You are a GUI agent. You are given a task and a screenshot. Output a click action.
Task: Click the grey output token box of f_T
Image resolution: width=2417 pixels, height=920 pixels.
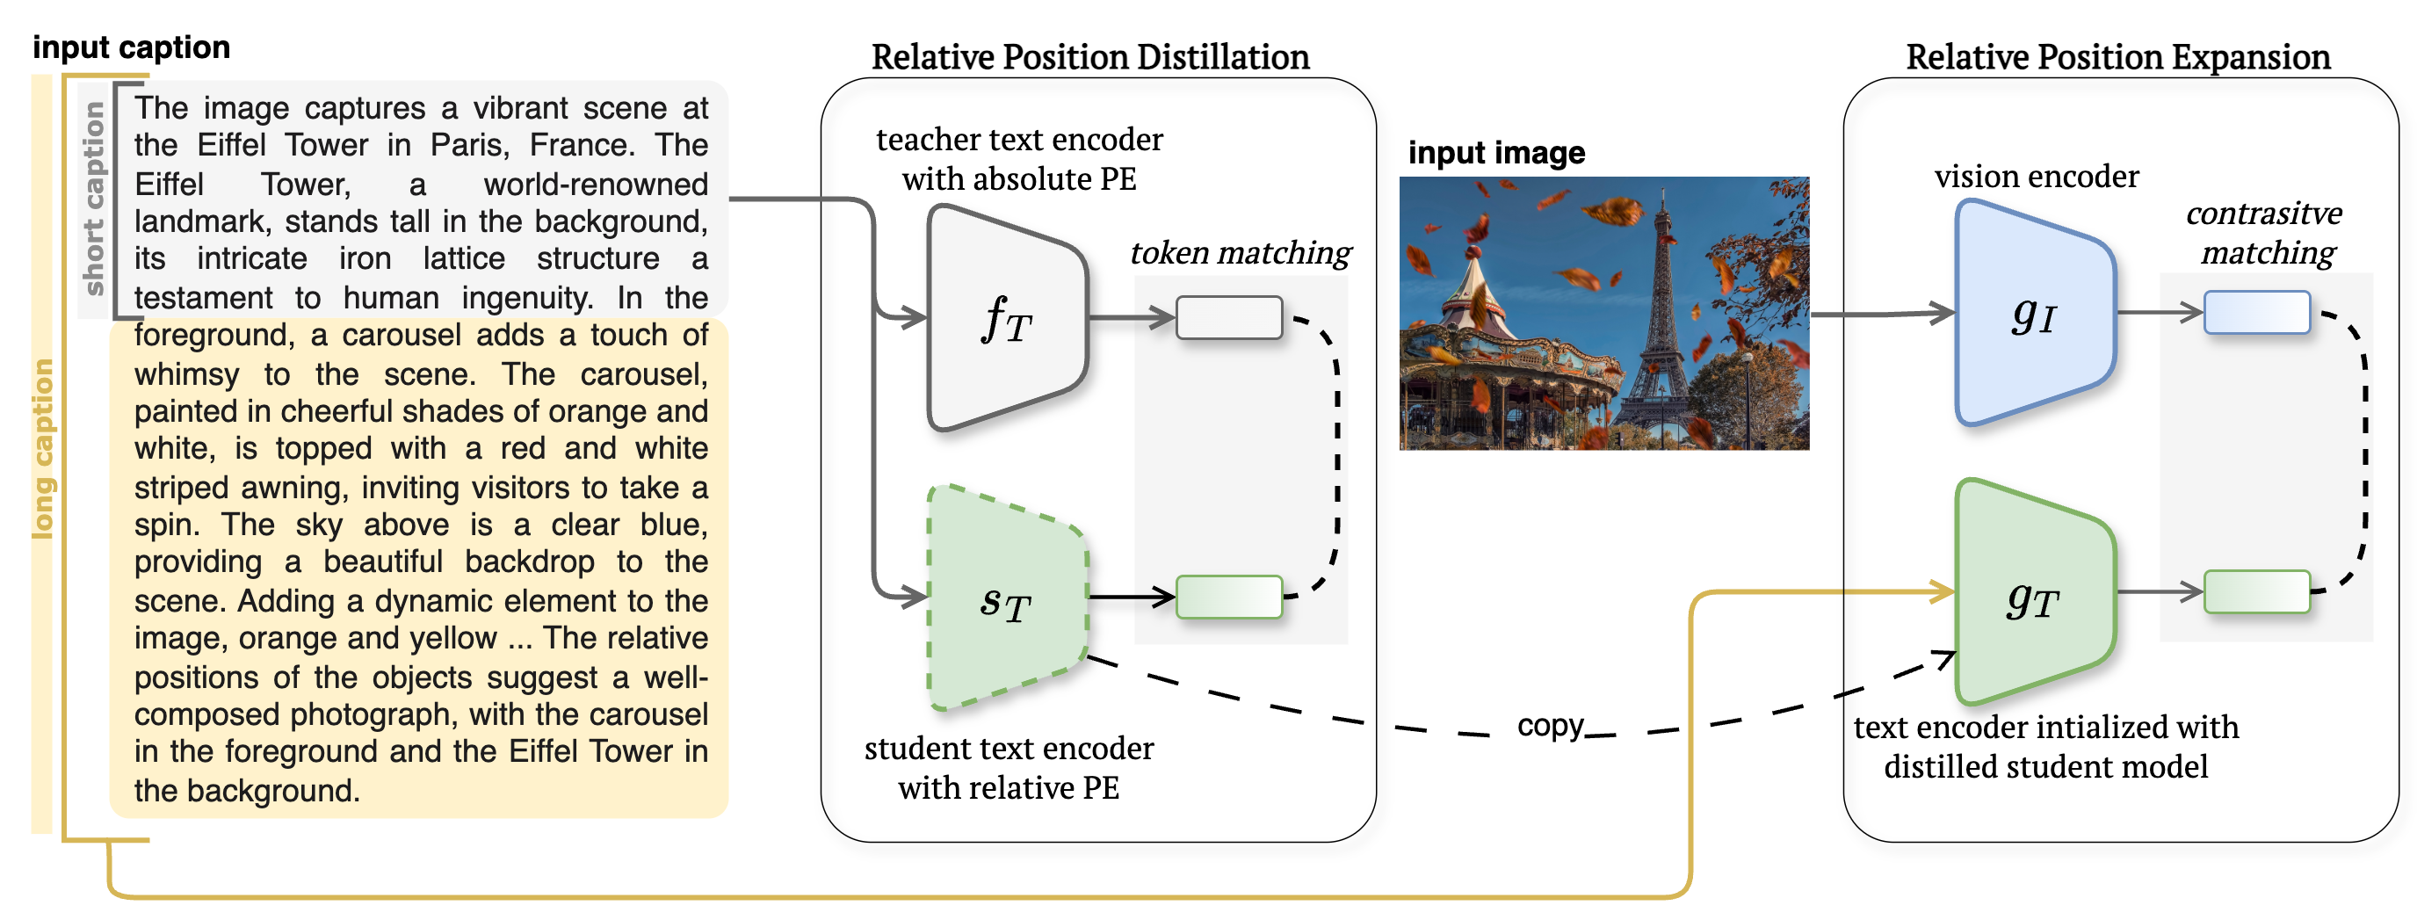pyautogui.click(x=1228, y=317)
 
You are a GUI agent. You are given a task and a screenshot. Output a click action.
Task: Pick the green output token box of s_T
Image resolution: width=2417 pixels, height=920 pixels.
pyautogui.click(x=1228, y=597)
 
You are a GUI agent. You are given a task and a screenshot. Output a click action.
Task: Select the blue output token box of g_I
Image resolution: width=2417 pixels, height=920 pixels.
pyautogui.click(x=2255, y=313)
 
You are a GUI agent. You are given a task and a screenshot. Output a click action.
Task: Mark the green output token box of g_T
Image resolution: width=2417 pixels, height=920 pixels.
pyautogui.click(x=2255, y=591)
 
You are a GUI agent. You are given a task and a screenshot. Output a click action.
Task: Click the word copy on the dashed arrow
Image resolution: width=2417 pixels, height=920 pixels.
pyautogui.click(x=1549, y=726)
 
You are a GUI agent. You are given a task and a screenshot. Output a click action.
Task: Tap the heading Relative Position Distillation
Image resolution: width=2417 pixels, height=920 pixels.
pyautogui.click(x=1089, y=57)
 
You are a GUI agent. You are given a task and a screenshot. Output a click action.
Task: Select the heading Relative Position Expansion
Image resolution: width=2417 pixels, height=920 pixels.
pyautogui.click(x=2117, y=57)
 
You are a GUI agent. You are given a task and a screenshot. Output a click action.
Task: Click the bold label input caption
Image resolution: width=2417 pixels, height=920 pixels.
pyautogui.click(x=132, y=47)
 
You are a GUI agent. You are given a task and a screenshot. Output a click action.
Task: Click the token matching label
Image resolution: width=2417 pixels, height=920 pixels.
pyautogui.click(x=1241, y=252)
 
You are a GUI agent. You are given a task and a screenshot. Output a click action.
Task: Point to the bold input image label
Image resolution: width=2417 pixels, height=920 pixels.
pyautogui.click(x=1495, y=152)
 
